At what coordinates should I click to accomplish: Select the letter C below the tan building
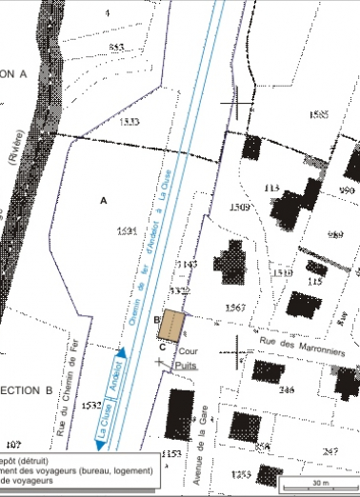pyautogui.click(x=163, y=347)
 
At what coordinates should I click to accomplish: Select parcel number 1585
pyautogui.click(x=319, y=114)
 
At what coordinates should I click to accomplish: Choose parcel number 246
pyautogui.click(x=287, y=390)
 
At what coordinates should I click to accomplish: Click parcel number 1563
pyautogui.click(x=237, y=306)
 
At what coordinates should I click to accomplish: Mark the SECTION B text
pyautogui.click(x=25, y=390)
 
